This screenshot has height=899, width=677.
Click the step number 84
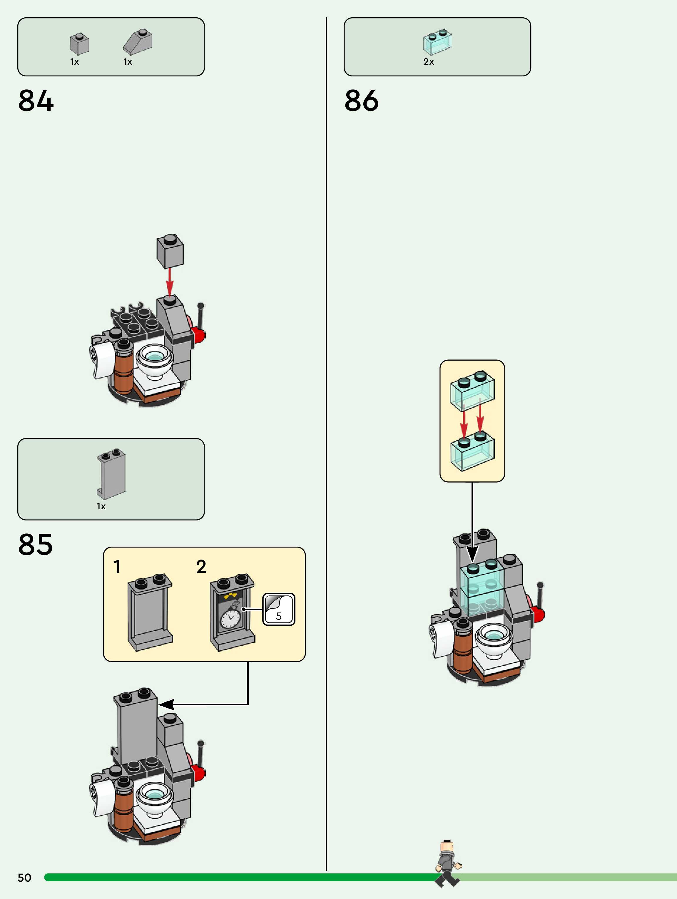click(36, 101)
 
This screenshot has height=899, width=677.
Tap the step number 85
click(35, 544)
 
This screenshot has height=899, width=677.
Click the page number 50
click(24, 878)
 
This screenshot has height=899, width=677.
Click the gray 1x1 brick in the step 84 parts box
click(79, 44)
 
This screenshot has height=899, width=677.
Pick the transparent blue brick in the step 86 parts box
click(437, 41)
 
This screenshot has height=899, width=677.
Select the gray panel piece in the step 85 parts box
click(111, 473)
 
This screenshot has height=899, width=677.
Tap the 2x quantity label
click(429, 62)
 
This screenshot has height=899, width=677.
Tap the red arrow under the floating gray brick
click(170, 280)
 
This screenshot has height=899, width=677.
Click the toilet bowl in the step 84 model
click(155, 360)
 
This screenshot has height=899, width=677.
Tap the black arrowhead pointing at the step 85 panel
click(167, 704)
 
